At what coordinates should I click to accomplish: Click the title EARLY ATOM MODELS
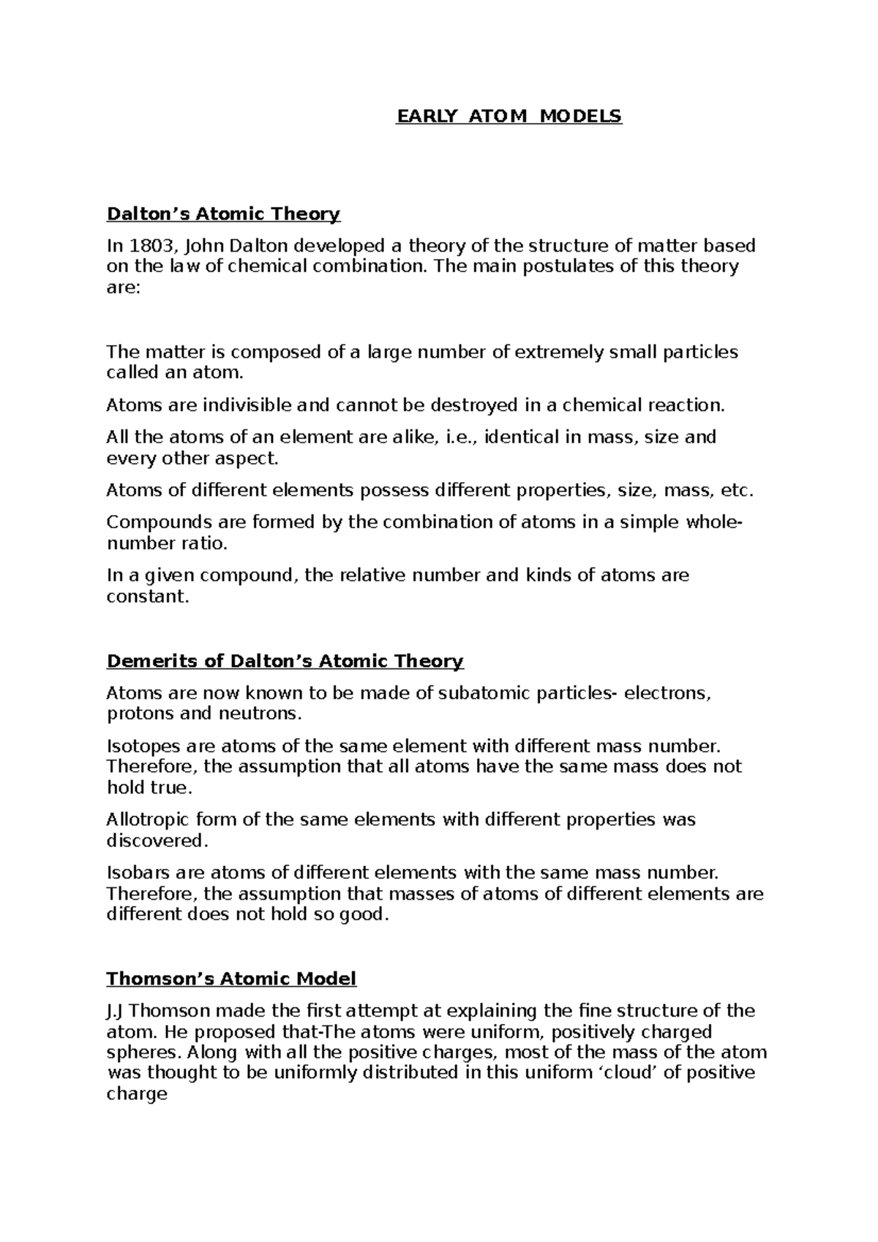tap(509, 116)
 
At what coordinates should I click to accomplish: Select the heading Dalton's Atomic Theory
tap(223, 214)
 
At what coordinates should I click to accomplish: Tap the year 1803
tap(151, 245)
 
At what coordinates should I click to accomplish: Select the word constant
tap(147, 596)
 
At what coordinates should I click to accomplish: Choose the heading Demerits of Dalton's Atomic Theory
tap(285, 661)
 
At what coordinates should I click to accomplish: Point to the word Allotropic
tap(147, 819)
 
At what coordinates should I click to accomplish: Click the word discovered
tap(157, 840)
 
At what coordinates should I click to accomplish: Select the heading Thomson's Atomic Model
tap(231, 979)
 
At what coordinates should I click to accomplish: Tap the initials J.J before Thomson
tap(116, 1011)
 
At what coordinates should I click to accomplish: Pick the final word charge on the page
tap(137, 1094)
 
